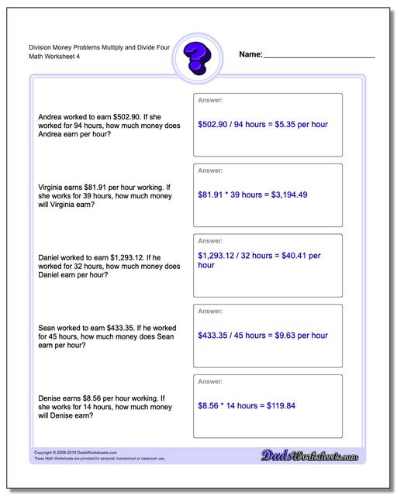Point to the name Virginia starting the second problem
[x=53, y=187]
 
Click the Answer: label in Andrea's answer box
[x=210, y=100]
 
